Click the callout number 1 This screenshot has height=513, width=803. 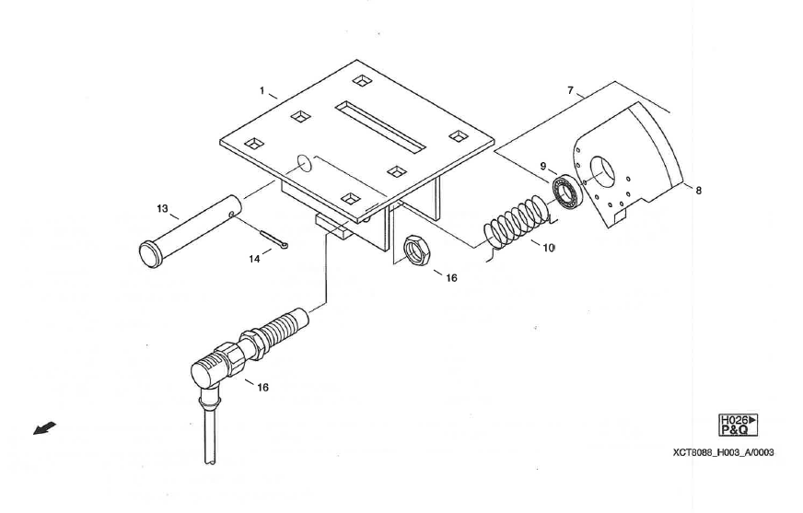262,91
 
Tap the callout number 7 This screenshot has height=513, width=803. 571,90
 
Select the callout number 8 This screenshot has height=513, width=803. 697,190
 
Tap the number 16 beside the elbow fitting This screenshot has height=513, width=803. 262,388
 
